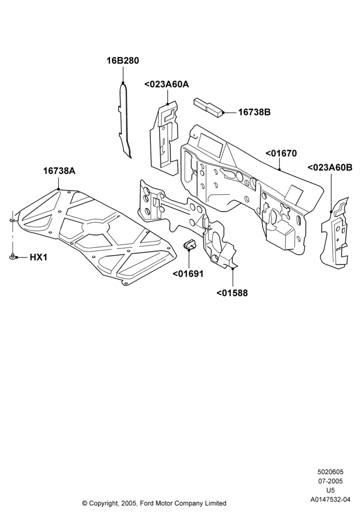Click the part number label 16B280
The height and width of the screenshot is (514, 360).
pos(122,61)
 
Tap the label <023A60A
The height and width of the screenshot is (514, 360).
pos(167,84)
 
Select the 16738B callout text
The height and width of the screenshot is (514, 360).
pos(254,112)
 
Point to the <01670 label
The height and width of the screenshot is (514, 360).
pos(281,153)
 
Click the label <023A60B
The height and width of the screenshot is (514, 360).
pos(330,168)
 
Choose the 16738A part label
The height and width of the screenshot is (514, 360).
pos(59,171)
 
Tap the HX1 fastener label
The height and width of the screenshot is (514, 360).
pos(39,258)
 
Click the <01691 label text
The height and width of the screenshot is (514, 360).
pos(188,273)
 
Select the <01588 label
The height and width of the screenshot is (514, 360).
pos(232,293)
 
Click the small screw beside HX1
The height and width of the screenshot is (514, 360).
pos(12,256)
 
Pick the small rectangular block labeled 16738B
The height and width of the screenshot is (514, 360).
pos(209,107)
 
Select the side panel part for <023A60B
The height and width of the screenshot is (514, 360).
pos(335,231)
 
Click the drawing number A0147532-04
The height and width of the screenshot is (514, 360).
pos(331,500)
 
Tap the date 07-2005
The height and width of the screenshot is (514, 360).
pos(331,481)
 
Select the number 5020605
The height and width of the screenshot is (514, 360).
pos(331,472)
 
